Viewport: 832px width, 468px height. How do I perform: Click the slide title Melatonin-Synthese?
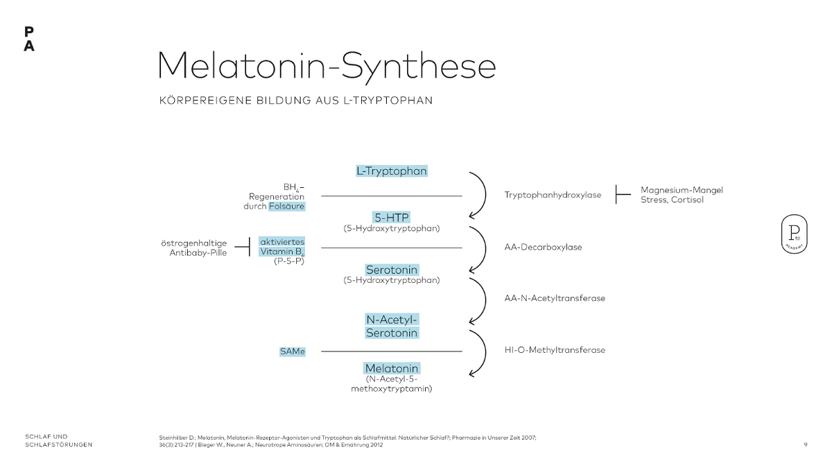[x=327, y=67]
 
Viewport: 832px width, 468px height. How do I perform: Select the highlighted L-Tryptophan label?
[x=392, y=171]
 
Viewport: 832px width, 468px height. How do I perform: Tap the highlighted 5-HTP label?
[x=392, y=217]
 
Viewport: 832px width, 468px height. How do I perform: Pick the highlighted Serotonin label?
[x=392, y=269]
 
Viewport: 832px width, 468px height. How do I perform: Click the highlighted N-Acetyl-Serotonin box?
[x=392, y=326]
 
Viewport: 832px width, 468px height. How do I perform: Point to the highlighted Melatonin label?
[x=392, y=368]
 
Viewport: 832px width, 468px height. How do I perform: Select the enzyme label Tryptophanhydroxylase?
[x=553, y=195]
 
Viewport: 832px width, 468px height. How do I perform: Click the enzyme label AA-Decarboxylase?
[x=543, y=247]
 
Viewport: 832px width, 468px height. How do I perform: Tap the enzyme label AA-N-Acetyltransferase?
[x=555, y=298]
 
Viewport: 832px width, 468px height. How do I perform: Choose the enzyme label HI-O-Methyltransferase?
[x=555, y=350]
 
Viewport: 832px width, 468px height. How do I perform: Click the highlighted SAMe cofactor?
[x=292, y=352]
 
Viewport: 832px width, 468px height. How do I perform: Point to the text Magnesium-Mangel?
[x=682, y=190]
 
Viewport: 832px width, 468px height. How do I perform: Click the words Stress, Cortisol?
[x=672, y=200]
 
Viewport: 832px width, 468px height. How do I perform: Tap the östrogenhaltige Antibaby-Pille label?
[x=193, y=248]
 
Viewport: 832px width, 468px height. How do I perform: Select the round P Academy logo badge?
[x=794, y=234]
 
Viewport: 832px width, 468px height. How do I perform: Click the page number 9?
[x=805, y=444]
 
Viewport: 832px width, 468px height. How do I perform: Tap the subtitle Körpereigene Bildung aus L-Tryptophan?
[x=296, y=101]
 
